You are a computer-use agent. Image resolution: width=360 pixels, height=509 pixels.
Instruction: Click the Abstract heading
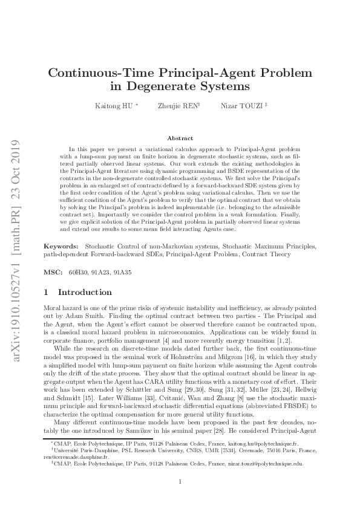click(180, 138)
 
